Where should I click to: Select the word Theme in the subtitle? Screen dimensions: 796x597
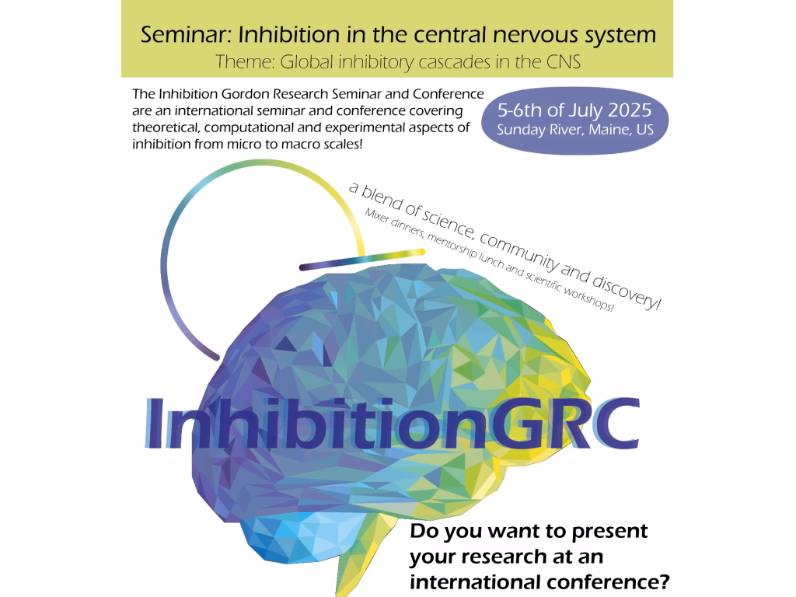coord(246,62)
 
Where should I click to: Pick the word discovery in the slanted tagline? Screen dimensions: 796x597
coord(627,292)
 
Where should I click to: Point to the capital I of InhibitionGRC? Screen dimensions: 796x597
coord(155,424)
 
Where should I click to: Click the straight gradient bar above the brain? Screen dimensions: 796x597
coord(362,260)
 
